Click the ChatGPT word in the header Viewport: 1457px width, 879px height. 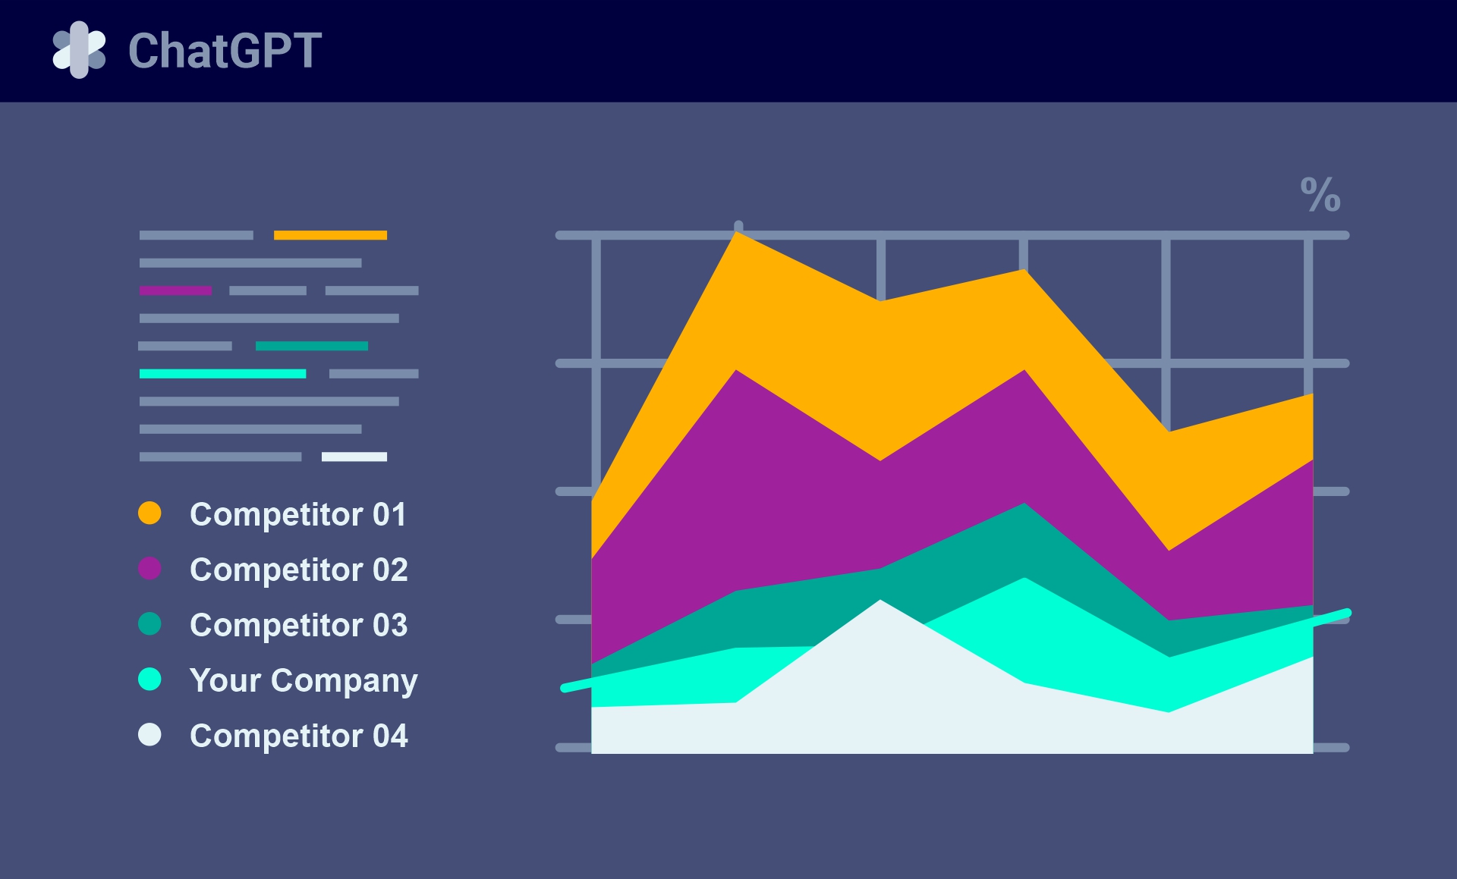[225, 51]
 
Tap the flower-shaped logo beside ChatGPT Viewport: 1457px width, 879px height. [79, 50]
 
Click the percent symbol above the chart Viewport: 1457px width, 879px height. [1320, 195]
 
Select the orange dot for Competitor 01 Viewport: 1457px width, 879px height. [149, 513]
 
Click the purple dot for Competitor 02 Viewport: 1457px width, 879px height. [149, 569]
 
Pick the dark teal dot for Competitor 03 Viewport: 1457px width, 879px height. [149, 624]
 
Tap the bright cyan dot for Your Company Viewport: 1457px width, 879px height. [149, 680]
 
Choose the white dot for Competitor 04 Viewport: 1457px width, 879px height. [149, 735]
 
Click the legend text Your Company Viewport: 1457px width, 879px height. [304, 680]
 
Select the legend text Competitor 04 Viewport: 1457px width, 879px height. [298, 736]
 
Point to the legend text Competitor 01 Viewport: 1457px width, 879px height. [297, 514]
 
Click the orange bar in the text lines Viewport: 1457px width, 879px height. [330, 235]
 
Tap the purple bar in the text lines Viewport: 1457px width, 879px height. [175, 290]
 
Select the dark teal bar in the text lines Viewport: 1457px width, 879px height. [311, 346]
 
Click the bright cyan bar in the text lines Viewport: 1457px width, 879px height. [222, 374]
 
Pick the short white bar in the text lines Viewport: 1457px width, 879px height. [354, 457]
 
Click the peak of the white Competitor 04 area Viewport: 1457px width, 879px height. [880, 602]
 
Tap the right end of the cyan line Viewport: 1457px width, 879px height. [1346, 613]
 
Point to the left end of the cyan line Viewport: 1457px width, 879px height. [565, 688]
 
